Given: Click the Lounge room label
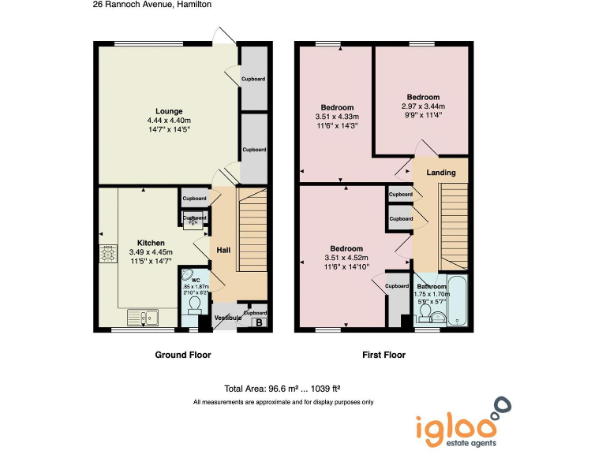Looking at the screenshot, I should click(169, 111).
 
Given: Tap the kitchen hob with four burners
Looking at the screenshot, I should click(107, 254).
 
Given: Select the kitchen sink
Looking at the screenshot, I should click(149, 318).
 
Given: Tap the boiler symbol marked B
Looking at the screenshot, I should click(256, 322).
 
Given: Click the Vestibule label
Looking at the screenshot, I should click(230, 318).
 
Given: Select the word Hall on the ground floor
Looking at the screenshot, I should click(223, 250).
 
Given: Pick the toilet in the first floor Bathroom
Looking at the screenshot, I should click(425, 314).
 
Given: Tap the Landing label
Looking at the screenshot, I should click(440, 172).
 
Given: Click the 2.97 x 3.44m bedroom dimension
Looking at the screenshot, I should click(423, 106).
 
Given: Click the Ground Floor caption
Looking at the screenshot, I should click(183, 355).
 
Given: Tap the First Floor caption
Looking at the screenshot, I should click(383, 355).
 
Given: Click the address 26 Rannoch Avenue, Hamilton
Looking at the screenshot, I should click(152, 5).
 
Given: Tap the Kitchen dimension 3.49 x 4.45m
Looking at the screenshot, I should click(151, 252).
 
